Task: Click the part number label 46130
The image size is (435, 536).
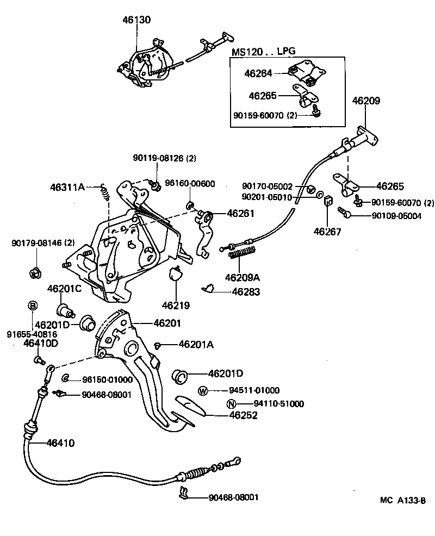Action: tap(136, 20)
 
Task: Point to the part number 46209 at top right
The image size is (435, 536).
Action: tap(366, 101)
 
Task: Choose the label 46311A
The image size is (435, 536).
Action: tap(67, 187)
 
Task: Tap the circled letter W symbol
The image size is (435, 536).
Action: tap(203, 390)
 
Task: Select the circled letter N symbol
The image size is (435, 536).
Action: tap(231, 403)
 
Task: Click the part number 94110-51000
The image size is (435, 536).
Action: tap(278, 403)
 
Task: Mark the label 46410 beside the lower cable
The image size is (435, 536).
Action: tap(53, 443)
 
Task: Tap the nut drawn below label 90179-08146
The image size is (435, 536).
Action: tap(34, 272)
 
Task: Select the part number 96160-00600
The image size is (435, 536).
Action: tap(190, 184)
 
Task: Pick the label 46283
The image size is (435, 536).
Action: tap(246, 292)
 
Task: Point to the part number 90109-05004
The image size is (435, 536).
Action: tap(389, 216)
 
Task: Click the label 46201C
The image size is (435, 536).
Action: tap(64, 288)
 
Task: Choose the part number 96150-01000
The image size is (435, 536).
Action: tap(107, 379)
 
